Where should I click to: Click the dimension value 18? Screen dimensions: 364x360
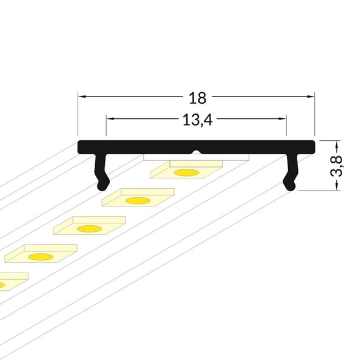(x=197, y=98)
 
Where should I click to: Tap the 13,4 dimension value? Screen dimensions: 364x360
(x=198, y=120)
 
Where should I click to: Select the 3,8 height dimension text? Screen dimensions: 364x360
(x=336, y=166)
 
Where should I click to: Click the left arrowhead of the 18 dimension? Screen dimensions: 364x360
(x=81, y=96)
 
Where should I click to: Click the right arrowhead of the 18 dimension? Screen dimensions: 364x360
(x=311, y=96)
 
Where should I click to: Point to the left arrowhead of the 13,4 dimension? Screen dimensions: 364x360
(x=110, y=118)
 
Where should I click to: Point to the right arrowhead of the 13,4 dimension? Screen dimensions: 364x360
(x=283, y=118)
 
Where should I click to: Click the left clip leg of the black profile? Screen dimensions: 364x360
(x=101, y=172)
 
